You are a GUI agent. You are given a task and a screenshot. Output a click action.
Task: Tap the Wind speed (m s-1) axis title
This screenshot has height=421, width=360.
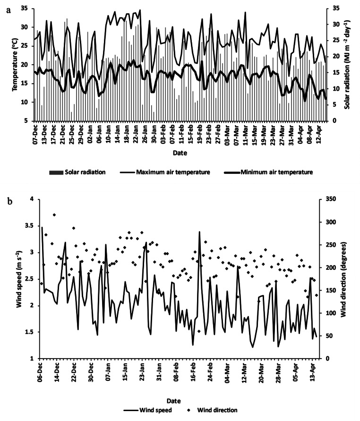pyautogui.click(x=20, y=278)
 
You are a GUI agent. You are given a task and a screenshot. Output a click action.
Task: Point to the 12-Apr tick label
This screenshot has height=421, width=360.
pyautogui.click(x=321, y=134)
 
